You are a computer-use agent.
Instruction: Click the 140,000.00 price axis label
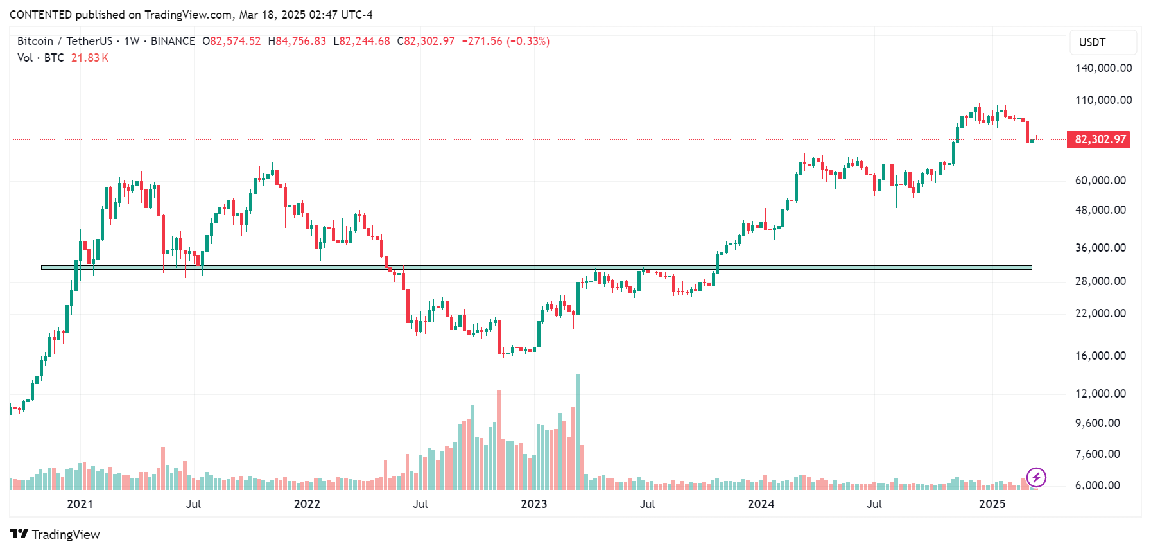point(1103,68)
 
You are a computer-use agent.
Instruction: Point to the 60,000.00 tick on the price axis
point(1100,180)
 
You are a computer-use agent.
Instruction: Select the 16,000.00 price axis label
point(1100,356)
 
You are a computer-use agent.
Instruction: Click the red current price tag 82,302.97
point(1098,139)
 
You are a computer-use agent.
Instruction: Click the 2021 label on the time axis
point(80,504)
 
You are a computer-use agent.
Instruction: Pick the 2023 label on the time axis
point(533,504)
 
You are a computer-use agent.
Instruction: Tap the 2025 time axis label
point(992,504)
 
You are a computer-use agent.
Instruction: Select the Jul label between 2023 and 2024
point(647,504)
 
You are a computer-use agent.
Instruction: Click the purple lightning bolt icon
point(1036,477)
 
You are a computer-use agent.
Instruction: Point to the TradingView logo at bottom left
point(55,534)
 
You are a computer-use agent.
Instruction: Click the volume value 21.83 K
point(90,58)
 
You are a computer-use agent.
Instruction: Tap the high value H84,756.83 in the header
point(297,41)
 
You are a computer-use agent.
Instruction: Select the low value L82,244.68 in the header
point(361,41)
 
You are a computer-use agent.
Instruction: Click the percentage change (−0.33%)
point(528,41)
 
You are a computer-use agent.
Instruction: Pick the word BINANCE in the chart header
point(173,41)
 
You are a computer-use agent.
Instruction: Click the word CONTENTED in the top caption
point(40,15)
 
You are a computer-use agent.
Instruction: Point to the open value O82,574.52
point(232,41)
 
